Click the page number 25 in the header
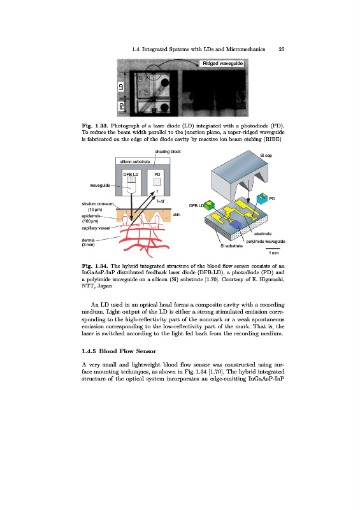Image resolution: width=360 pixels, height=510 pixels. [281, 49]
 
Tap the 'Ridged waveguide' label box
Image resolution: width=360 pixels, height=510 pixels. [222, 63]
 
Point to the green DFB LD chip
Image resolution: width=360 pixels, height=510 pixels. [209, 205]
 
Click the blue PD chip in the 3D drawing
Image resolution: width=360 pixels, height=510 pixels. [262, 198]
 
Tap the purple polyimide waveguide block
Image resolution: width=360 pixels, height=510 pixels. [235, 224]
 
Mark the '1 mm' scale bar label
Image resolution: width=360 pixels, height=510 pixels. [273, 253]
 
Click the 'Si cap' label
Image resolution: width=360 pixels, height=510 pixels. [266, 156]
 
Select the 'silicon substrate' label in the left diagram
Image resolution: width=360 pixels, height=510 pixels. [135, 162]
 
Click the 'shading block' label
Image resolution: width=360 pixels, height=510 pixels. [168, 152]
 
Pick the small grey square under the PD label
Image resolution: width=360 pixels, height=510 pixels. [157, 182]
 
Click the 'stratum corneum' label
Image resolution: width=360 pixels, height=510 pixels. [97, 204]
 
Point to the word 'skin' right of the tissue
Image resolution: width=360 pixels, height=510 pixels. [176, 215]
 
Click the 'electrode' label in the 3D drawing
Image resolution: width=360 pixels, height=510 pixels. [263, 234]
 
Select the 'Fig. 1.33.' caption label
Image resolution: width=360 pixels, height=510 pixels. [95, 126]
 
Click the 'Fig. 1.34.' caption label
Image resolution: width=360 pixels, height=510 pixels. [95, 266]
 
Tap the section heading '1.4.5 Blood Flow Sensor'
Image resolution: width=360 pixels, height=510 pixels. [119, 351]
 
